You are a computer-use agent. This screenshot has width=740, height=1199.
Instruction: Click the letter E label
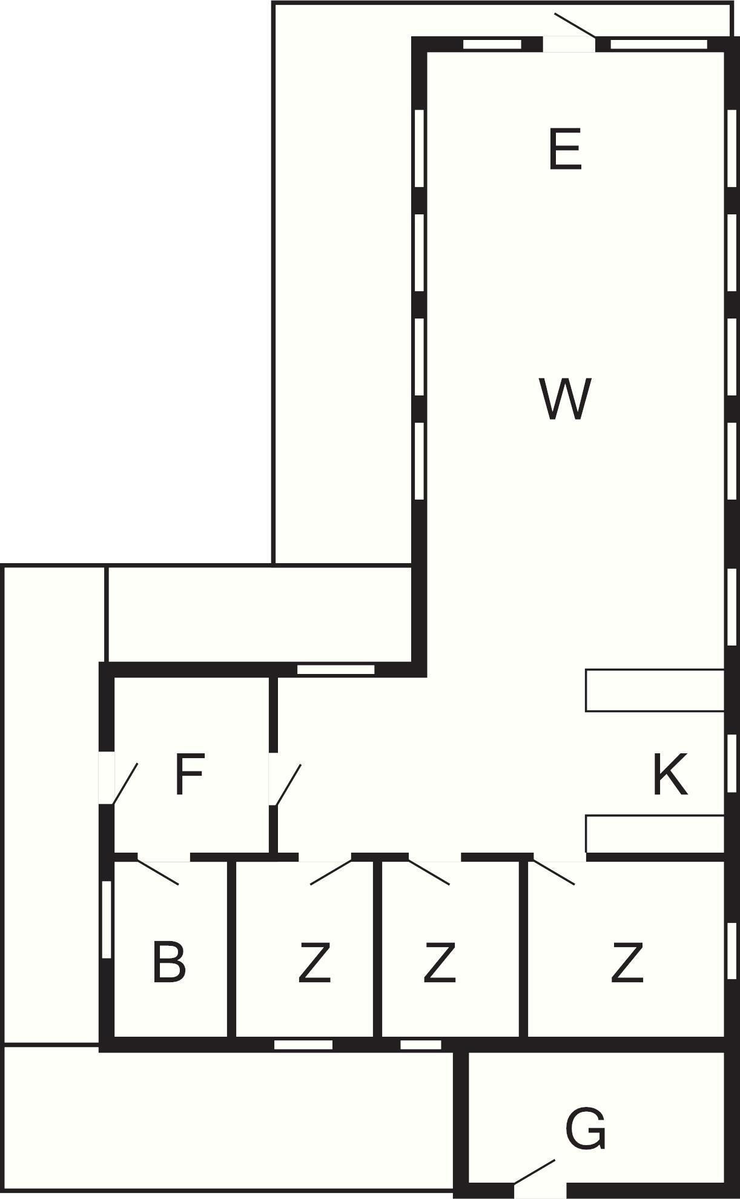(565, 149)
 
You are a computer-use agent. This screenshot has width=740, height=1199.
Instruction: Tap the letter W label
(564, 398)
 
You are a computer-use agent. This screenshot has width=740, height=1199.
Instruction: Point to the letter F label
(188, 774)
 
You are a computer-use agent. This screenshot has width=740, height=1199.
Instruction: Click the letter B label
(168, 962)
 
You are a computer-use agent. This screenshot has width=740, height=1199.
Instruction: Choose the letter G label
(585, 1128)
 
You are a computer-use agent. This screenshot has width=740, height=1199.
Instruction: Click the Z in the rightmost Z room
(627, 962)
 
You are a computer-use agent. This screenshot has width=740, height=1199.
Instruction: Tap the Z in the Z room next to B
(315, 962)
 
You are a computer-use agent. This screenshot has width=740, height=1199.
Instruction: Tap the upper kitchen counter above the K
(655, 690)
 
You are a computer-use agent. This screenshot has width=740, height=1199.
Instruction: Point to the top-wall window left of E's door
(492, 44)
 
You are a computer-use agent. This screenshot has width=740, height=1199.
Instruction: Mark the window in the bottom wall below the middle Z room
(421, 1045)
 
